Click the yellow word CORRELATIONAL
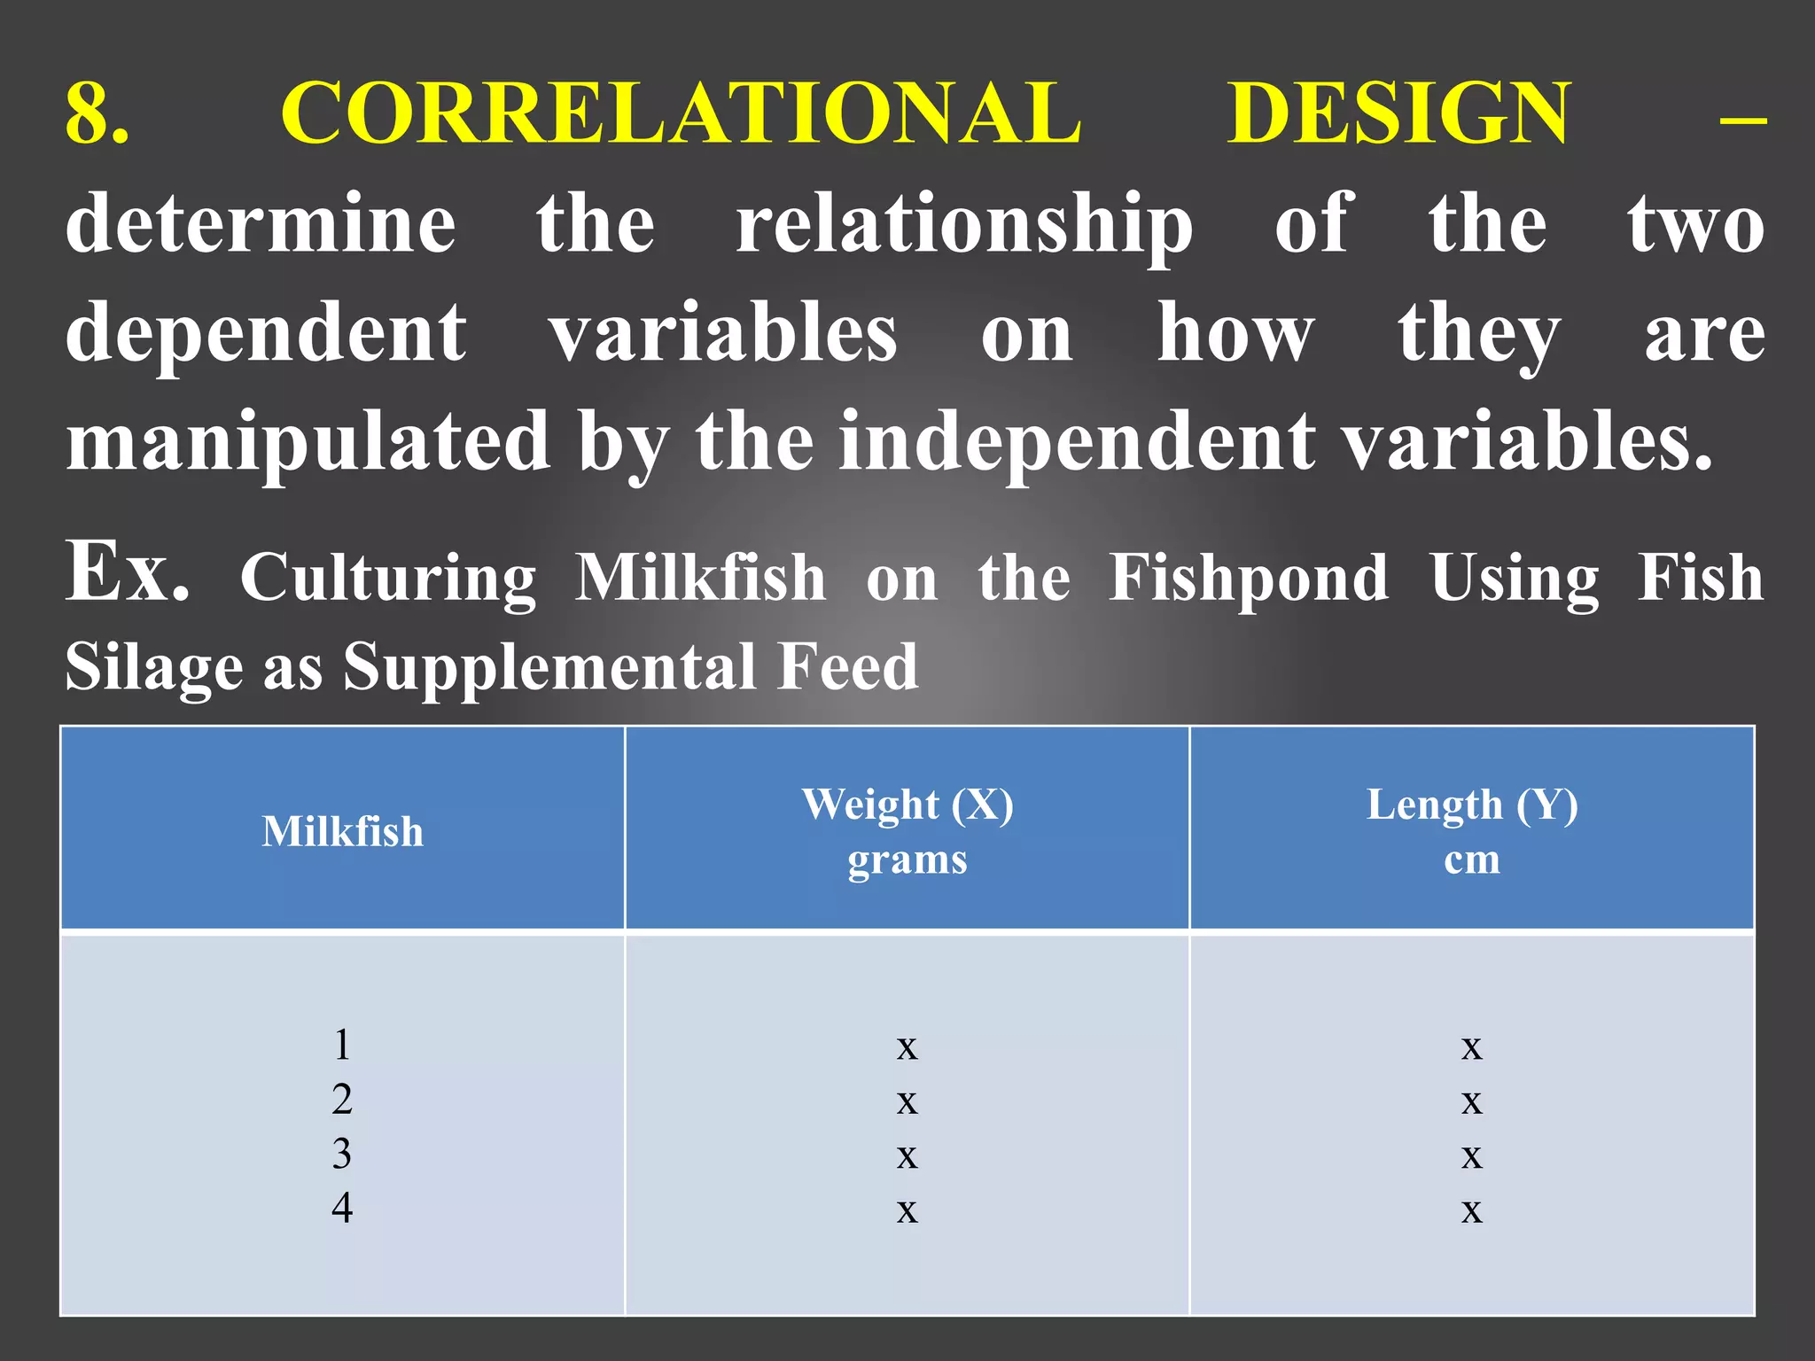681,113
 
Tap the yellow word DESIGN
1399,113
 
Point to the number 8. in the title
97,113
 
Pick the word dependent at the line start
266,333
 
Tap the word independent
1077,440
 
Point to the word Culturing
388,578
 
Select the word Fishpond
1249,578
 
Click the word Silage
153,666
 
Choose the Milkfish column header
342,831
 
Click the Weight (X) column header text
907,805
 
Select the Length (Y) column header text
1472,805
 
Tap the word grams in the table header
907,859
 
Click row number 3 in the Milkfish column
342,1154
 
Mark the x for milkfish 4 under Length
1471,1210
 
